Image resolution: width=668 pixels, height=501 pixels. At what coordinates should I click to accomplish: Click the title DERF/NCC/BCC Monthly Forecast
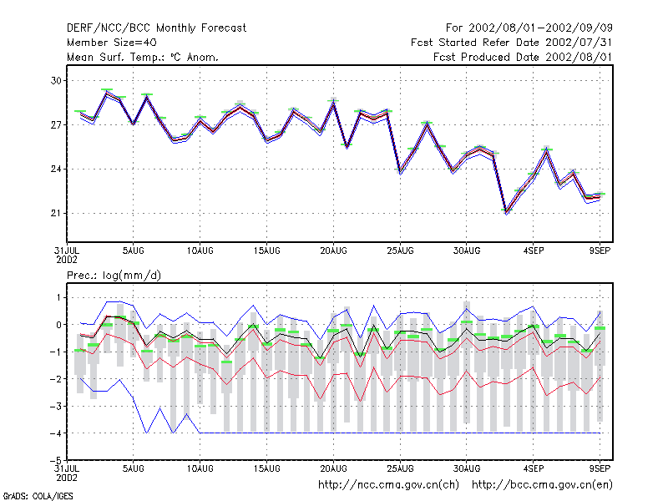156,28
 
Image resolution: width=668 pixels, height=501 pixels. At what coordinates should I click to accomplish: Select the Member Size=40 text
112,43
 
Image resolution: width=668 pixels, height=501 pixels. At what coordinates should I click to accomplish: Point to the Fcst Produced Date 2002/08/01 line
523,57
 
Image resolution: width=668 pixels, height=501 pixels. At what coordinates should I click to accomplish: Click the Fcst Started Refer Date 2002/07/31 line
512,43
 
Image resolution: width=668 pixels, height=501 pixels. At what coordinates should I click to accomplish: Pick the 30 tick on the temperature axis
56,80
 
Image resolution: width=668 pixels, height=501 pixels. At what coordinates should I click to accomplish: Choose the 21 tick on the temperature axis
56,213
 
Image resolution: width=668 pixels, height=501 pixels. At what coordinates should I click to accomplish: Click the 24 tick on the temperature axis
56,170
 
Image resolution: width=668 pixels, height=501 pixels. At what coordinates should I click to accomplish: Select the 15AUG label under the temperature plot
266,251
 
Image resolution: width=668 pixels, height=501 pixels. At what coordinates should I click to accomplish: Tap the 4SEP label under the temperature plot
534,251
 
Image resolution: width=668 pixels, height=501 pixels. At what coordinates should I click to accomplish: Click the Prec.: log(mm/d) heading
114,276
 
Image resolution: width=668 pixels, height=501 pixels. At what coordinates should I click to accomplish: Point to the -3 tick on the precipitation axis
56,406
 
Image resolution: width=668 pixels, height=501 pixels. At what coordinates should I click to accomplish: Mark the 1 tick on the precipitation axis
58,297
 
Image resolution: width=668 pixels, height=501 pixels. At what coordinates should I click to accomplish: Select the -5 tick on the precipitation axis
56,461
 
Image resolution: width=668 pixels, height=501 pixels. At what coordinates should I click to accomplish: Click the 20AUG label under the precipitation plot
333,468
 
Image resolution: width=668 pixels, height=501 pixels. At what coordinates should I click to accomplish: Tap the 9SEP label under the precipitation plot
600,468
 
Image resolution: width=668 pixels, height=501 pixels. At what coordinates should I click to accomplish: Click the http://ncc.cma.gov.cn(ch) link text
388,485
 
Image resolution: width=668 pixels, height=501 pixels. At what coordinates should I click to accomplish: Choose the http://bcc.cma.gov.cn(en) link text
542,485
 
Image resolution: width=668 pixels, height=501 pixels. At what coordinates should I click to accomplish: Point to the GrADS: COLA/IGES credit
38,496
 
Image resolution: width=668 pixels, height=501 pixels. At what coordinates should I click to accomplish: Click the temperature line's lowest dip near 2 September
507,212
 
